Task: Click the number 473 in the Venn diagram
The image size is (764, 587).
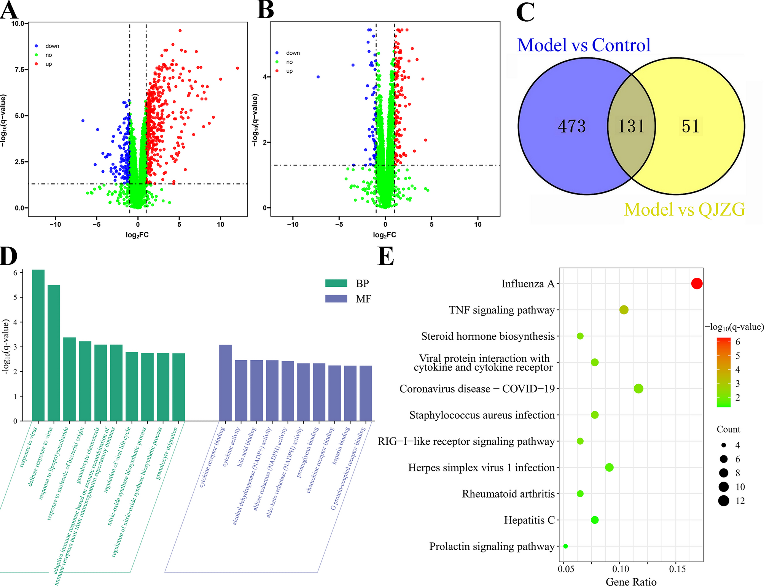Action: [571, 126]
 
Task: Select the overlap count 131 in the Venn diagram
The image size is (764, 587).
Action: [631, 126]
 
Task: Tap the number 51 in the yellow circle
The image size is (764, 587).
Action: [690, 126]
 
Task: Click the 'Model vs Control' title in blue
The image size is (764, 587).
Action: [584, 45]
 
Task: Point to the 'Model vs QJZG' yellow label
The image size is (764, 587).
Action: [684, 210]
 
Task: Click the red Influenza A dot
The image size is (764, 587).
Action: [696, 283]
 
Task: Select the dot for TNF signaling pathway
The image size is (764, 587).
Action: [624, 310]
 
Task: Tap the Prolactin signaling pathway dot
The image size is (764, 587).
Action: [565, 546]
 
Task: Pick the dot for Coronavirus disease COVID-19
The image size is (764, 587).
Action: [638, 388]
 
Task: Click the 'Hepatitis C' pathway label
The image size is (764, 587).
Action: [529, 520]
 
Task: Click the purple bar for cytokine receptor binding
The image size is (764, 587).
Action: [225, 382]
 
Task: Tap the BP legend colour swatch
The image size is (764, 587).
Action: [336, 283]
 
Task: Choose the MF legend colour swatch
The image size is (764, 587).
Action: [336, 299]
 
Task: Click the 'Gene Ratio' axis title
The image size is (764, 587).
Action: [631, 582]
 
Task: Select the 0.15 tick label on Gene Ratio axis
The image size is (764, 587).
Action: [677, 569]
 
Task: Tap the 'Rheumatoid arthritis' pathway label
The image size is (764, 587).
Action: [508, 494]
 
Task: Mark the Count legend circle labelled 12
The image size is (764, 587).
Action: [723, 501]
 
